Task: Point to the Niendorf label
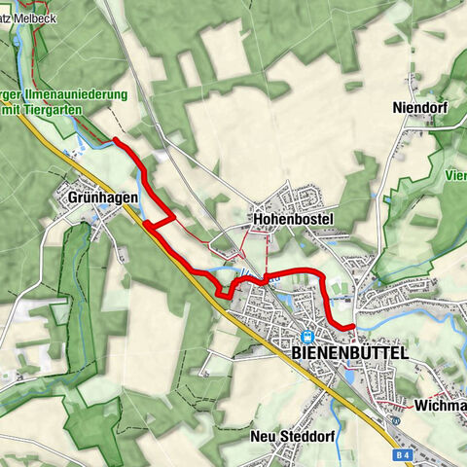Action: click(419, 107)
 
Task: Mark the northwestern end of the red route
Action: click(115, 140)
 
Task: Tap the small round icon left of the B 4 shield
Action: click(395, 421)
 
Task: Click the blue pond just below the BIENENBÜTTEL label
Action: click(340, 374)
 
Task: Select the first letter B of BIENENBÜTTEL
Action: click(297, 352)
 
